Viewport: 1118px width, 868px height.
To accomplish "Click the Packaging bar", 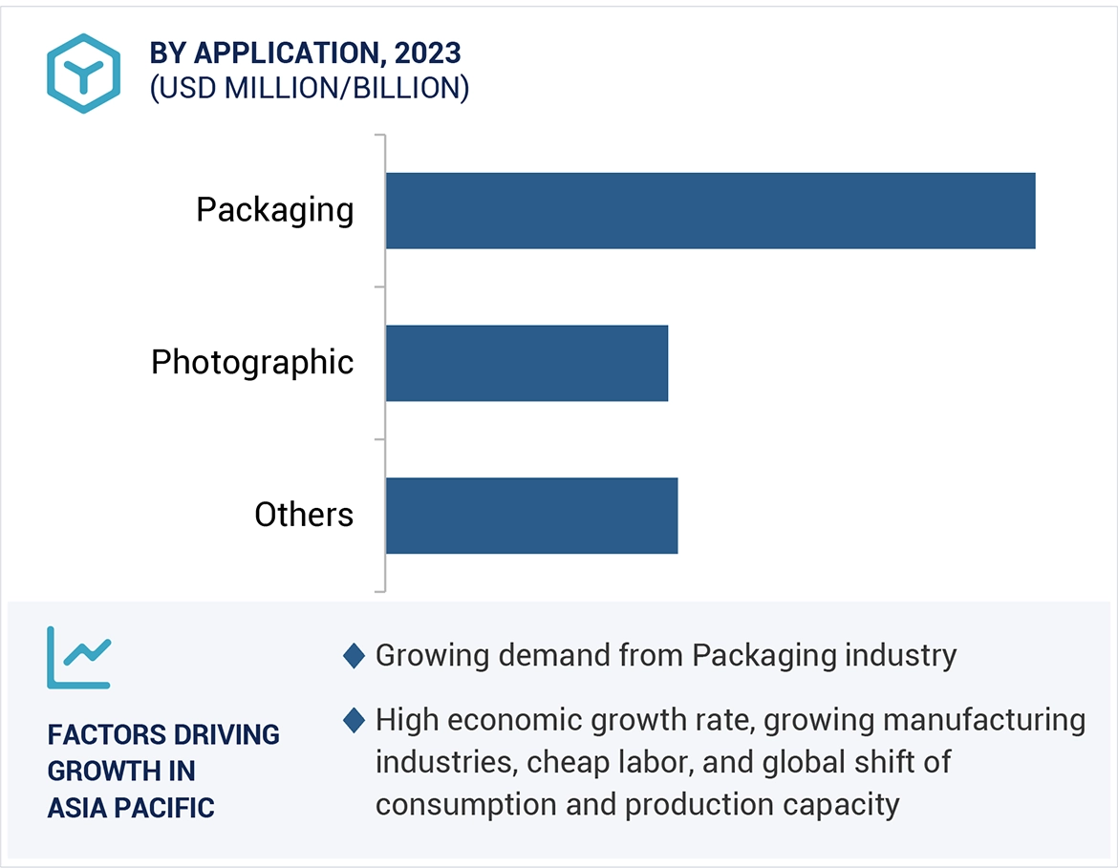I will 710,210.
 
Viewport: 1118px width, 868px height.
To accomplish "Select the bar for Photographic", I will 527,363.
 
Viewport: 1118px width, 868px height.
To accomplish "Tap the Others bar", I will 531,516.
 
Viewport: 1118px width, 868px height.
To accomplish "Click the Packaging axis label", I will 274,210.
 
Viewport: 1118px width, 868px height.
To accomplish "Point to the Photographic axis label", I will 252,363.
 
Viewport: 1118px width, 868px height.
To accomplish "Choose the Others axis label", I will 304,516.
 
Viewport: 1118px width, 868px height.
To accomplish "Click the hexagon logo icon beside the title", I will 84,74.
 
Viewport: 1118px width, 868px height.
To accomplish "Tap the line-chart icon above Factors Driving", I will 78,657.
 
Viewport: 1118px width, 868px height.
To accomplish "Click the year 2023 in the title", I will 432,53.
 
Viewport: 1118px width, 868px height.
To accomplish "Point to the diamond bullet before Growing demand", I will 354,656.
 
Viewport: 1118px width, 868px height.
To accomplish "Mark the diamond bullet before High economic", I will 354,720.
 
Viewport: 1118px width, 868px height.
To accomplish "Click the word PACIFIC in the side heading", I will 163,807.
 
